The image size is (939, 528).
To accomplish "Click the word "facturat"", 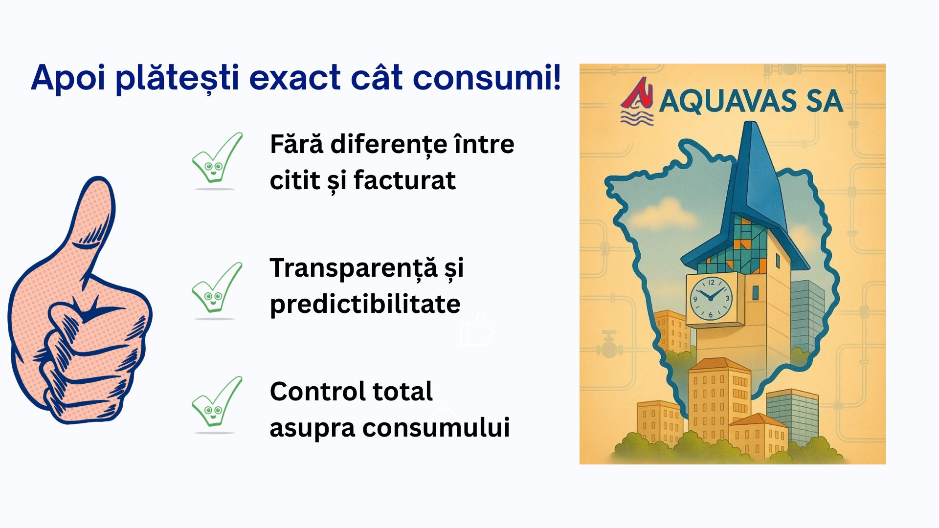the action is [404, 180].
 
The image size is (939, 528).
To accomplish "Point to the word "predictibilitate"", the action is [365, 305].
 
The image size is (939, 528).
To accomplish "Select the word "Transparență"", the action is [354, 268].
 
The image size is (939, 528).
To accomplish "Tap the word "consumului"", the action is [436, 428].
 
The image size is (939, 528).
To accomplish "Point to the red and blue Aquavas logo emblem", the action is [637, 101].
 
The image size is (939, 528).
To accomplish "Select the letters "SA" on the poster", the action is [825, 101].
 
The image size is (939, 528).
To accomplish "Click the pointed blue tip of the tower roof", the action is [747, 123].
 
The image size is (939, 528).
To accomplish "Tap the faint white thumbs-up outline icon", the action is [476, 329].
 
